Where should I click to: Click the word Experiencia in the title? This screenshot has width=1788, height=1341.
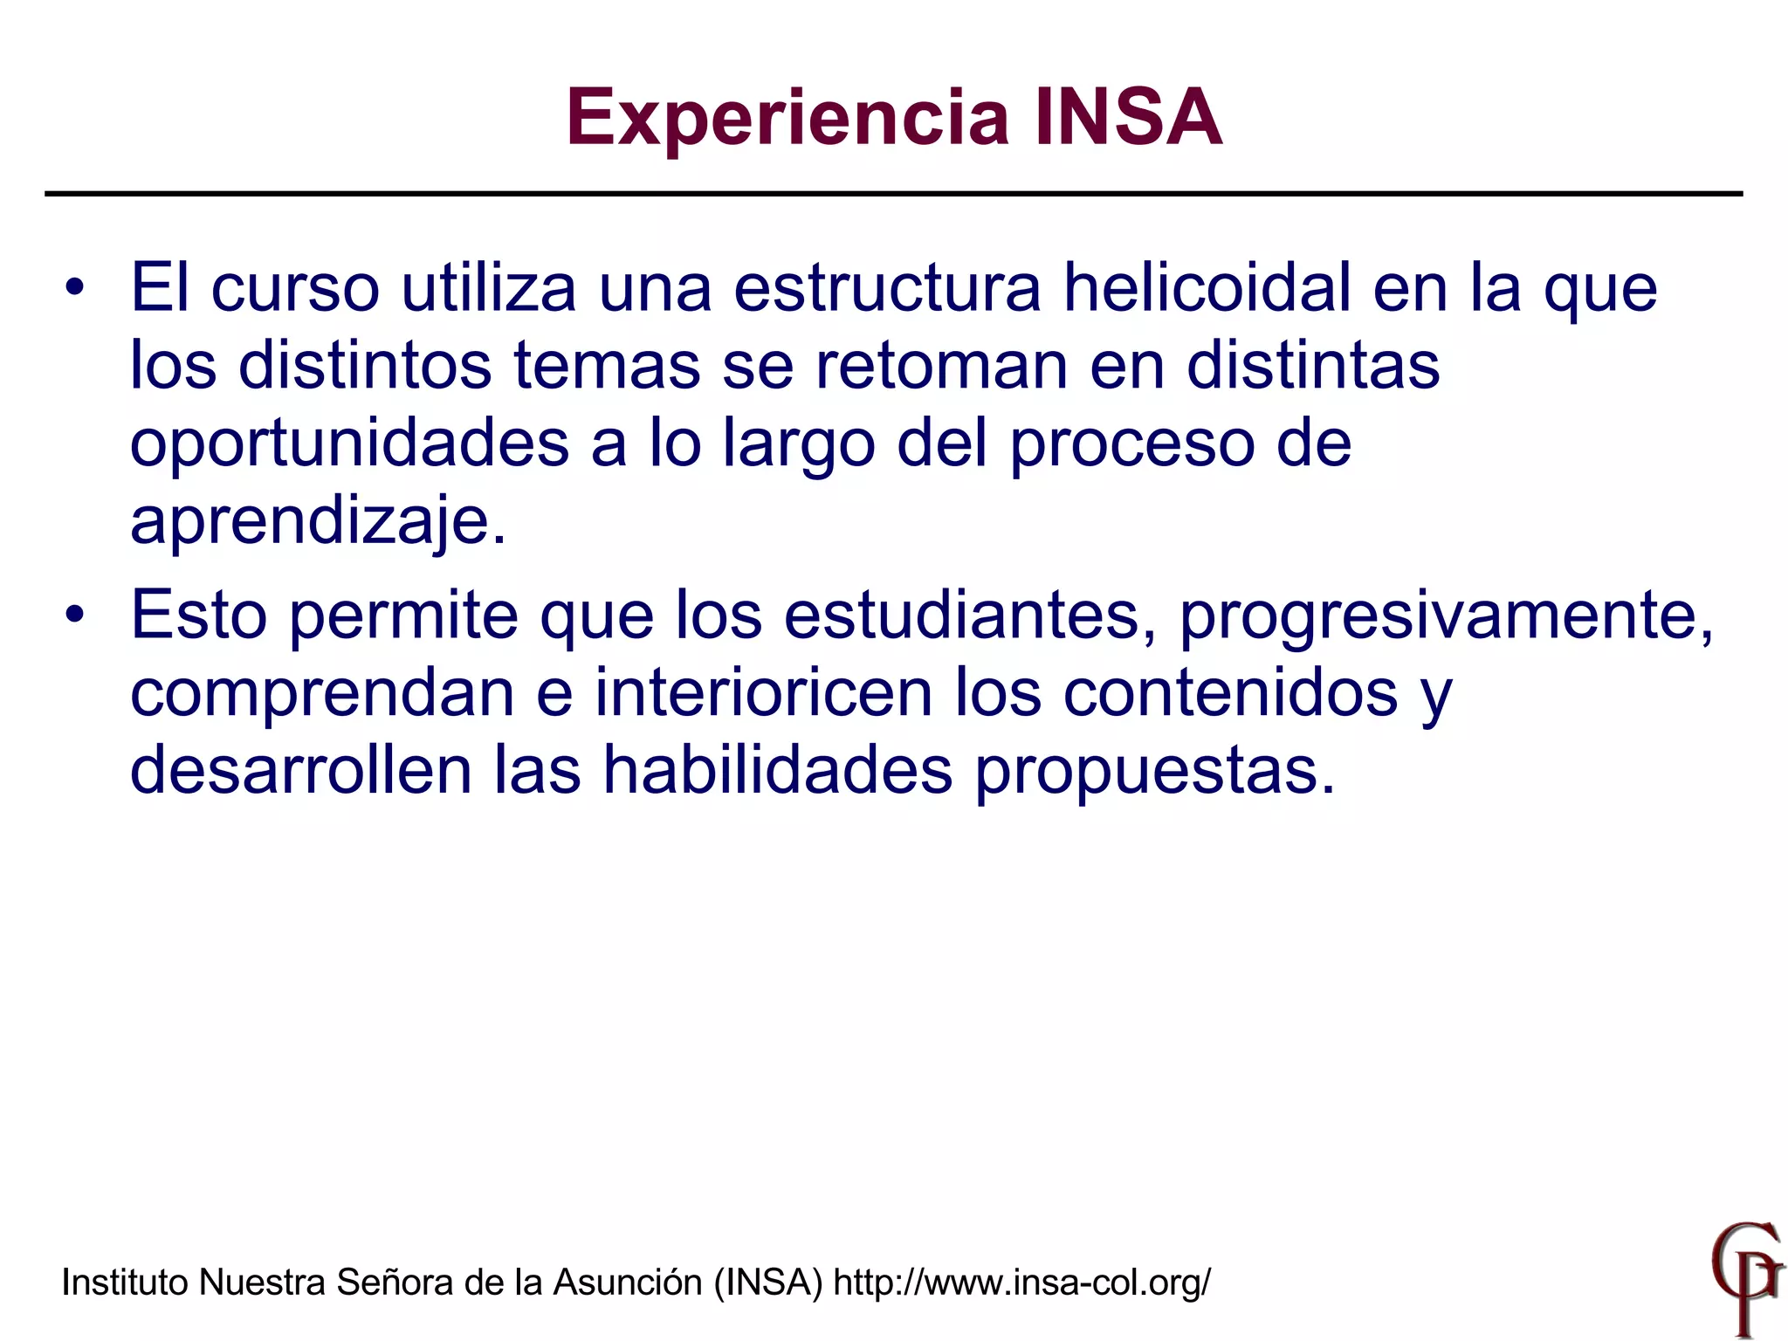pyautogui.click(x=787, y=118)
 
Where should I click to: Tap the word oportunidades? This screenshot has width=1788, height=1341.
pyautogui.click(x=350, y=443)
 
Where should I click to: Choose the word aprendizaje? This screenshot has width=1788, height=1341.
pyautogui.click(x=318, y=521)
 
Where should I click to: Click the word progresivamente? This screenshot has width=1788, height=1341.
pyautogui.click(x=1446, y=615)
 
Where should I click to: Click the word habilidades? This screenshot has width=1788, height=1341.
pyautogui.click(x=778, y=770)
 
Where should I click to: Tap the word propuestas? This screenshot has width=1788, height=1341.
pyautogui.click(x=1154, y=772)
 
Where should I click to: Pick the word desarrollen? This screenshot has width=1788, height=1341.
pyautogui.click(x=300, y=770)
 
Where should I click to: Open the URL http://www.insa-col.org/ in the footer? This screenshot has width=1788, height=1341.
pyautogui.click(x=1021, y=1283)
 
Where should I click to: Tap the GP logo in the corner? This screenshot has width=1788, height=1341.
pyautogui.click(x=1745, y=1279)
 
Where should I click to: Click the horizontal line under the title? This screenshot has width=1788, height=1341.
pyautogui.click(x=894, y=194)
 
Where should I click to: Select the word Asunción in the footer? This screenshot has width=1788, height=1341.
pyautogui.click(x=628, y=1283)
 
